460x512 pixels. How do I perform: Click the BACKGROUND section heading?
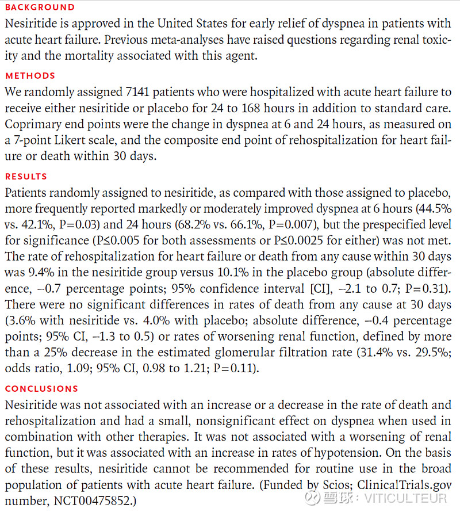point(40,7)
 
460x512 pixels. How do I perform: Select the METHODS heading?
point(30,75)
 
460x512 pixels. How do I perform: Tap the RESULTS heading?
point(26,176)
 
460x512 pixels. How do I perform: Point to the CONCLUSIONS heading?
point(41,388)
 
